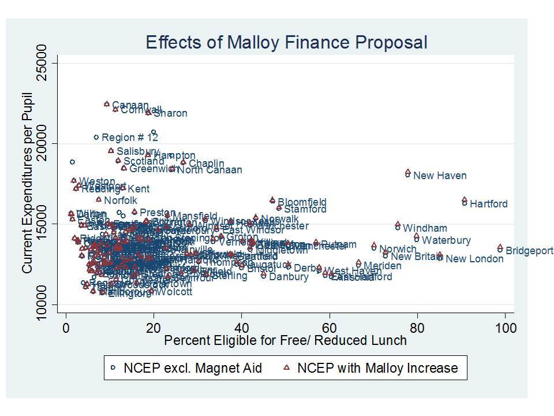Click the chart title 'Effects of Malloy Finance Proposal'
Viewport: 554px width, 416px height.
tap(286, 42)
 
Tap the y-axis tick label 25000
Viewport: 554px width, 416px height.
tap(44, 62)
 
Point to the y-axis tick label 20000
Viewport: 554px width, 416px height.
tap(44, 143)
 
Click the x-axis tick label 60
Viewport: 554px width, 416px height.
tap(330, 328)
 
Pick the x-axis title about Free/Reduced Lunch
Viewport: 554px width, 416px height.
tap(285, 340)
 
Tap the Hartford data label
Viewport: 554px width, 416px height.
tap(488, 204)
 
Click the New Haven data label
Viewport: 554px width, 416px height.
tap(440, 176)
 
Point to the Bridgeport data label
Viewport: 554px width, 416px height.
tap(529, 251)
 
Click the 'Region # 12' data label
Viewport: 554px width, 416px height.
tap(129, 138)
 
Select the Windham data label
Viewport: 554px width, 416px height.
tap(425, 228)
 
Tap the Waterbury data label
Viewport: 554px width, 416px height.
tap(446, 240)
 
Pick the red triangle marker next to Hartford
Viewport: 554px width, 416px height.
tap(465, 199)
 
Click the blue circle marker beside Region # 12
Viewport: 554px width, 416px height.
tap(96, 138)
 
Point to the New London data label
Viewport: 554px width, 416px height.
tap(474, 259)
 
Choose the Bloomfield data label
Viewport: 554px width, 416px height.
tap(302, 203)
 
